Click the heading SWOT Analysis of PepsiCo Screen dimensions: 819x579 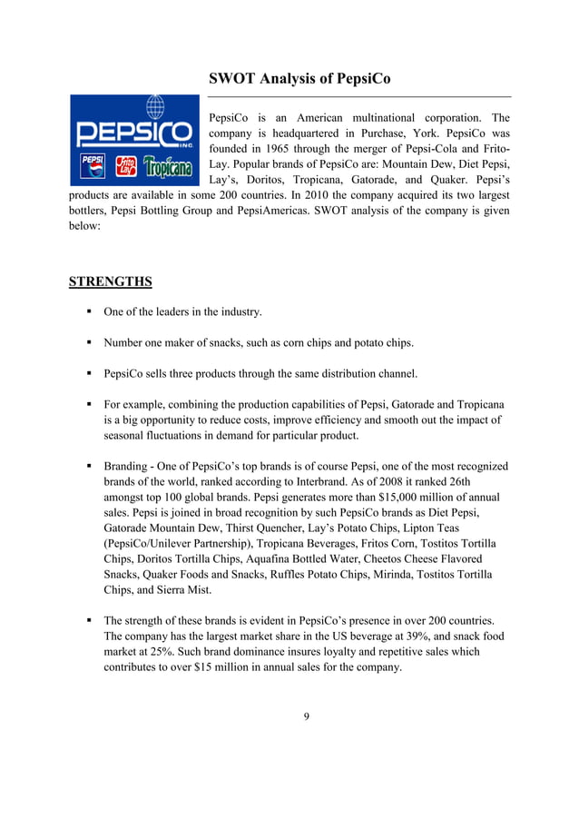299,79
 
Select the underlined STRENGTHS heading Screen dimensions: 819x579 110,281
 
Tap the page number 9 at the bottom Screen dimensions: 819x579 306,716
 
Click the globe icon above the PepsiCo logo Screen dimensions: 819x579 155,108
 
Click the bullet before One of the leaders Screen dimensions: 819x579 90,312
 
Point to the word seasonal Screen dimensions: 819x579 126,436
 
